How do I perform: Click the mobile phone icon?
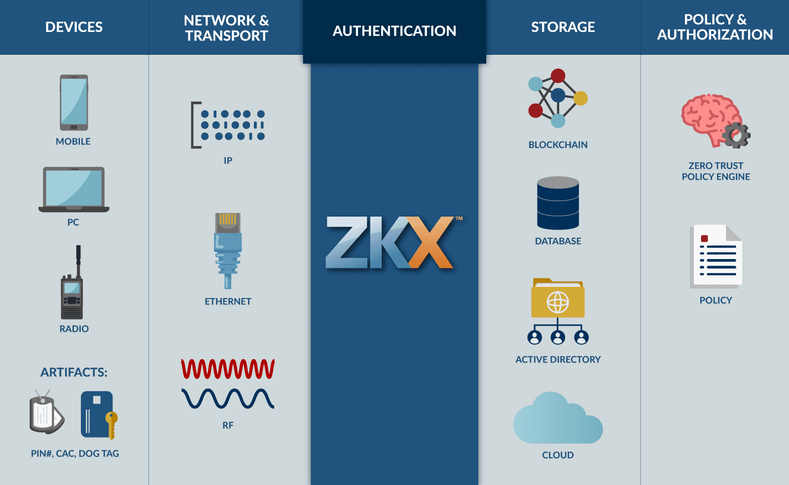[x=73, y=103]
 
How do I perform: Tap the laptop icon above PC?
[x=73, y=189]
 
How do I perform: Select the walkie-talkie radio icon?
[x=72, y=283]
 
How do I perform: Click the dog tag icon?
[x=46, y=412]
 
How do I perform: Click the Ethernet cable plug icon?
[x=228, y=251]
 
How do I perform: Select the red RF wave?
[x=228, y=369]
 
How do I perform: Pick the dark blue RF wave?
[x=228, y=399]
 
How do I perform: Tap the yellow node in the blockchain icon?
[x=580, y=98]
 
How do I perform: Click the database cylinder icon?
[x=558, y=203]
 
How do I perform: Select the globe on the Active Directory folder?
[x=558, y=302]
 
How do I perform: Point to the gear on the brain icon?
[x=736, y=135]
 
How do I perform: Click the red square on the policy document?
[x=705, y=239]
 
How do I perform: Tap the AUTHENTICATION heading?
[x=394, y=31]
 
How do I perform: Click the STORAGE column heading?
[x=563, y=27]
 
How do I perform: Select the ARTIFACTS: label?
[x=74, y=372]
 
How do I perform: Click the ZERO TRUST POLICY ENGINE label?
[x=716, y=171]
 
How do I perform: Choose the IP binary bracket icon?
[x=228, y=125]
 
